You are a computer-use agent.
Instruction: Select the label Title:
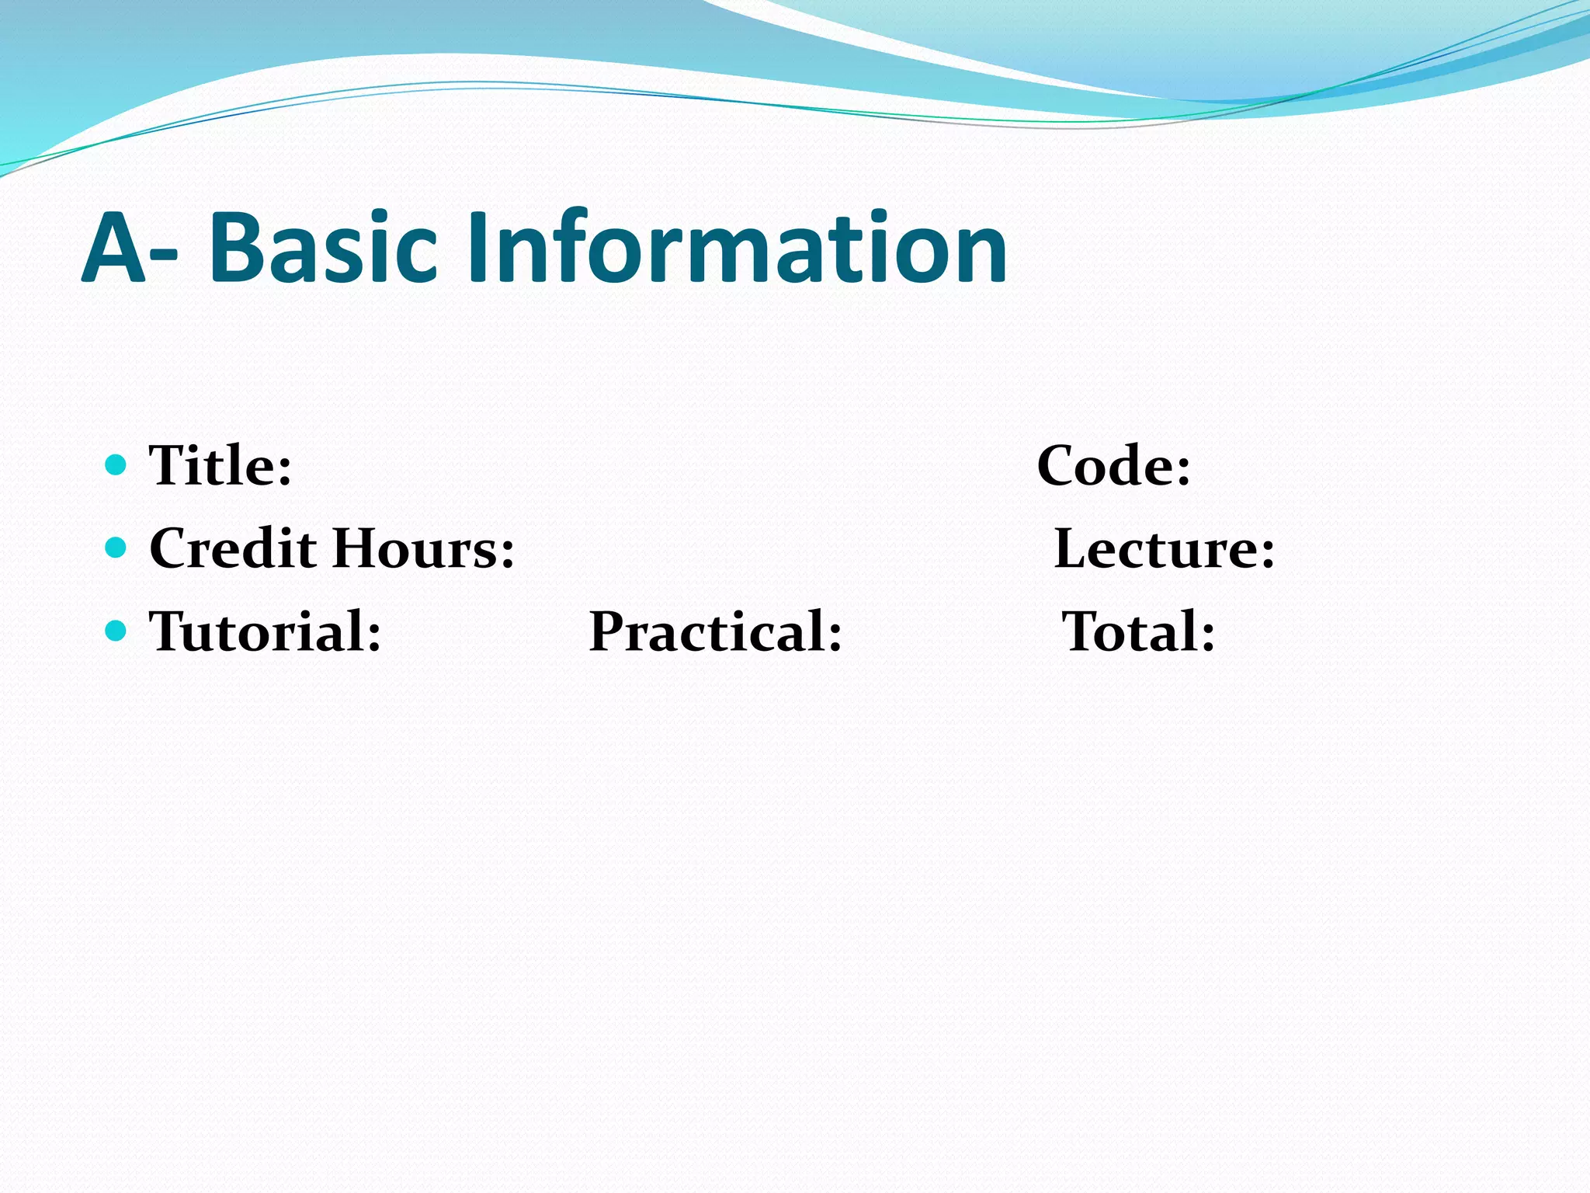click(x=220, y=466)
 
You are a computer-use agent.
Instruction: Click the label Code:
click(x=1113, y=466)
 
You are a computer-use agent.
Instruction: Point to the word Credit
click(x=233, y=548)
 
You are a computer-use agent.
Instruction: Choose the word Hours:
click(x=424, y=548)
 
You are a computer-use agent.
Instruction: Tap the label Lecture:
click(x=1164, y=548)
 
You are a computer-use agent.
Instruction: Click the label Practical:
click(x=715, y=631)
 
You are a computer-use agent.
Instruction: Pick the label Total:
click(x=1138, y=631)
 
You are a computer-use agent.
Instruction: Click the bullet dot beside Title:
click(x=115, y=465)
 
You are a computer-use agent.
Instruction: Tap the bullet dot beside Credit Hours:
click(x=115, y=548)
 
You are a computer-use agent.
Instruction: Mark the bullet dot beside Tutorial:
click(x=115, y=630)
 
